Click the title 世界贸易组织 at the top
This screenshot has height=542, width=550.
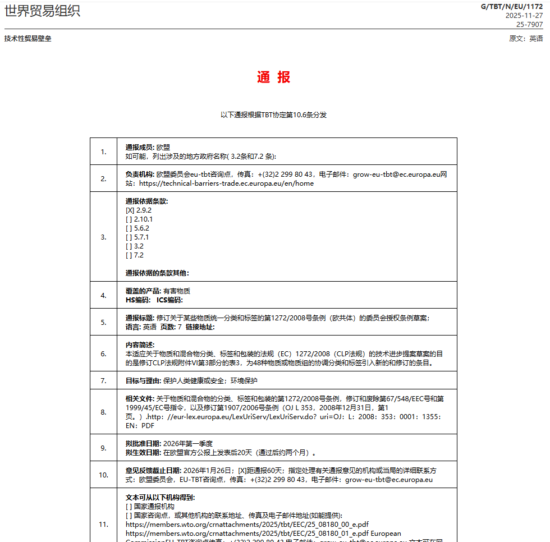(x=42, y=11)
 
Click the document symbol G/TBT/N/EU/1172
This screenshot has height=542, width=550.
(x=512, y=7)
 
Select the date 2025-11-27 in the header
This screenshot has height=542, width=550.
(x=524, y=16)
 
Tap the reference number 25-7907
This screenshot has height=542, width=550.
(x=529, y=24)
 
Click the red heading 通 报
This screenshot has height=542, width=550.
(x=274, y=77)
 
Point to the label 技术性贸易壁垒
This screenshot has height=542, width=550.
(x=27, y=39)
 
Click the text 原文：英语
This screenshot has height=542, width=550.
(x=526, y=39)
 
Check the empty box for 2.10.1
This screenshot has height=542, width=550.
(x=129, y=219)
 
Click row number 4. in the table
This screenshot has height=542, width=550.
(x=103, y=295)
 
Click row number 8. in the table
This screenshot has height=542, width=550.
(x=103, y=412)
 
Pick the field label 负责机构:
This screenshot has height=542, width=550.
(x=140, y=174)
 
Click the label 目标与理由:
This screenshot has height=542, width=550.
(x=143, y=381)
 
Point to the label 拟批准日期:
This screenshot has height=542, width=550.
(x=144, y=444)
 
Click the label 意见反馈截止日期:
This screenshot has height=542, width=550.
(x=153, y=471)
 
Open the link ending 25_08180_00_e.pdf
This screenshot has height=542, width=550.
(x=247, y=525)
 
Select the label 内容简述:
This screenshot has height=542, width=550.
(x=140, y=345)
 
